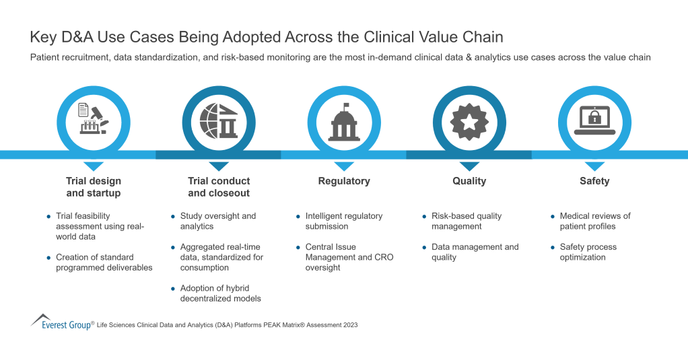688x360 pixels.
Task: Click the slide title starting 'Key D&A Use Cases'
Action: [x=267, y=36]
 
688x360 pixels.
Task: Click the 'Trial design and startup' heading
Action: [x=94, y=187]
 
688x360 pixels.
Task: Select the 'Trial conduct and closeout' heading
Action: [x=219, y=187]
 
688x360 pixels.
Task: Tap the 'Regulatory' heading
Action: [x=344, y=181]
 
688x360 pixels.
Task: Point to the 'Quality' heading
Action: [x=469, y=181]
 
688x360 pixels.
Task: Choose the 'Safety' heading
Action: [x=594, y=181]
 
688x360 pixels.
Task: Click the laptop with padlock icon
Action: [x=594, y=120]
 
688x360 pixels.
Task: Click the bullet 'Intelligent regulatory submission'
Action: [x=343, y=221]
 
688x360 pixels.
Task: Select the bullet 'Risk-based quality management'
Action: [x=467, y=221]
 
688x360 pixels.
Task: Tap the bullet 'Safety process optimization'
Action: [x=588, y=252]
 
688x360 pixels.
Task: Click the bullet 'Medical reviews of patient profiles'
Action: [x=594, y=221]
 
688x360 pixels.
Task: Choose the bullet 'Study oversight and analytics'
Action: [x=217, y=221]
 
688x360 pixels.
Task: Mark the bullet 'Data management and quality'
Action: [x=475, y=252]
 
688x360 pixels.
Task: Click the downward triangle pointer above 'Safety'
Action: [x=594, y=166]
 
